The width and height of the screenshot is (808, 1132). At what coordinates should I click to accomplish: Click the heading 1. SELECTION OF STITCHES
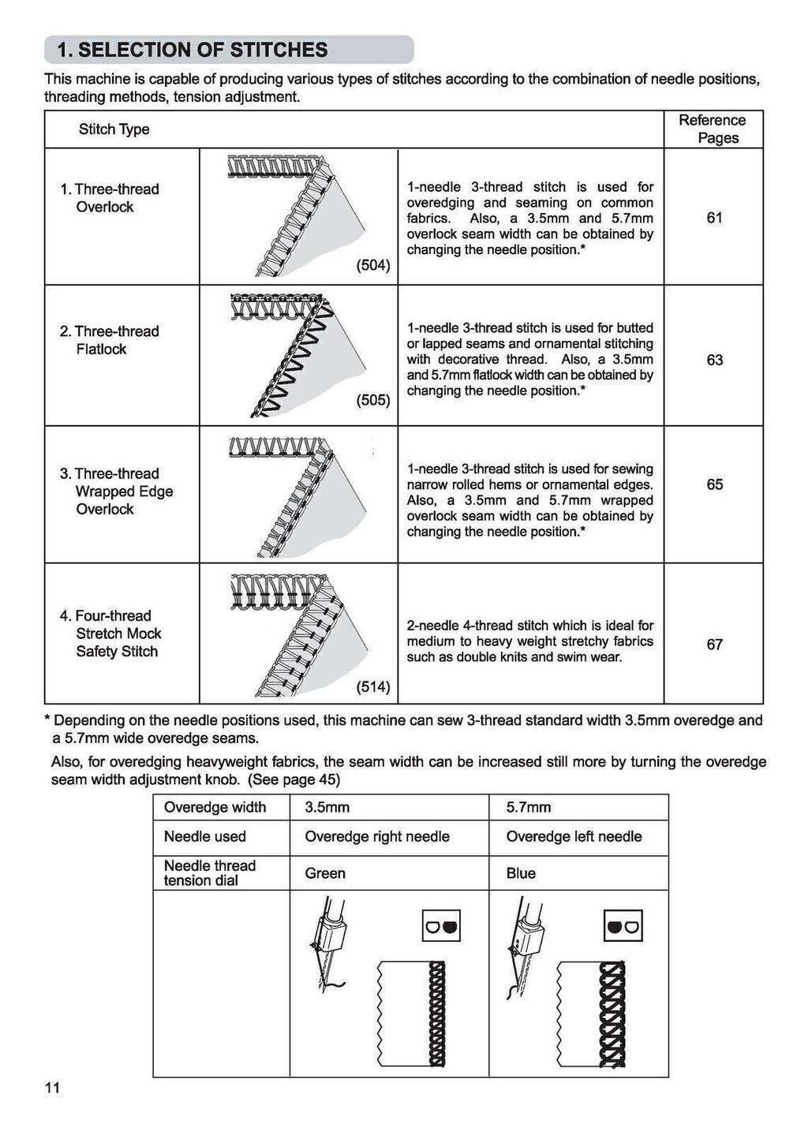193,50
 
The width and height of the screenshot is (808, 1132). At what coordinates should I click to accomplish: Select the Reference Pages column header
712,129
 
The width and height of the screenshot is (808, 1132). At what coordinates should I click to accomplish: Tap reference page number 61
714,217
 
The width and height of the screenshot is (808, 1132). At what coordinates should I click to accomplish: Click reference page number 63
714,360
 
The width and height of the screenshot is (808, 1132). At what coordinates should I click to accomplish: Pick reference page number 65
714,484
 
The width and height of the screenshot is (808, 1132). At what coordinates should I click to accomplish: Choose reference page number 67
714,644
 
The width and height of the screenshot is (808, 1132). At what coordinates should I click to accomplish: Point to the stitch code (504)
373,266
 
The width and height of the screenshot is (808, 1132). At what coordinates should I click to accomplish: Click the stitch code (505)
373,400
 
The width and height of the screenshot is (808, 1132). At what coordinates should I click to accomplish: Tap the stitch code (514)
373,686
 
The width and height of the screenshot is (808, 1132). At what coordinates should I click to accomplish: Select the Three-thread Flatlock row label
110,340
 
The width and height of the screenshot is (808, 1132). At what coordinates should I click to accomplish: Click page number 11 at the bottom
52,1089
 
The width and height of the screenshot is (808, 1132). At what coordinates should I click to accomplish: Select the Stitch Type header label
114,129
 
